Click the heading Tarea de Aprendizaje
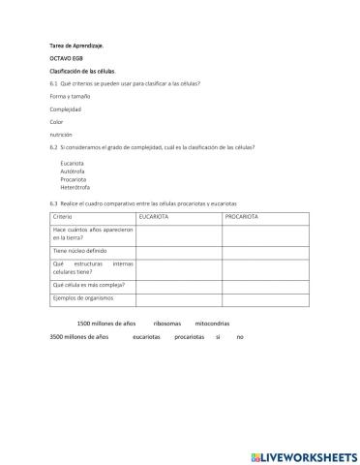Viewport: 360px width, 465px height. (x=75, y=46)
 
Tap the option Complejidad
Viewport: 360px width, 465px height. (x=66, y=109)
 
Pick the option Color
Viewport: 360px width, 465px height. (x=55, y=122)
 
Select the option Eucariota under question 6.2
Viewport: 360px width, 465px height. (x=72, y=163)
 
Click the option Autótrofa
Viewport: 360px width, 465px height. (x=73, y=170)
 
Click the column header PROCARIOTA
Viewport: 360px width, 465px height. (x=242, y=217)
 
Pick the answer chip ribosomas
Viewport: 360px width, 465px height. (x=167, y=324)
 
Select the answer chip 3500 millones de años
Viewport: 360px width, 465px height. (x=76, y=336)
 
